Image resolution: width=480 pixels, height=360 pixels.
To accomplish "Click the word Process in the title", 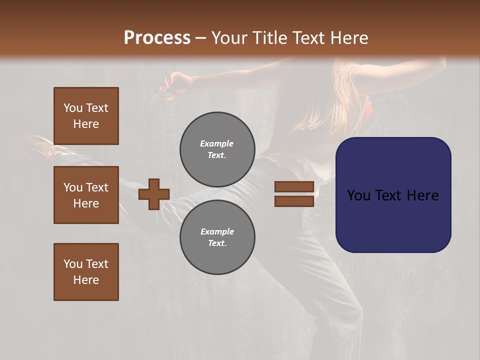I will [157, 38].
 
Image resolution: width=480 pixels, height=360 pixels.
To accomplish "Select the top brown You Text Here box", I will [86, 116].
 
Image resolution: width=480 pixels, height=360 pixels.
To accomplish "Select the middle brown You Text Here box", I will [86, 195].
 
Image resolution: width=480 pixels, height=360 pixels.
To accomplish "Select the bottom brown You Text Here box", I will [86, 272].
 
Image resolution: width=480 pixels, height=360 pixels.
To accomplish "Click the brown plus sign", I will [154, 194].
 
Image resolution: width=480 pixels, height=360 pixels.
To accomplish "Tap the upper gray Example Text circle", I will [217, 149].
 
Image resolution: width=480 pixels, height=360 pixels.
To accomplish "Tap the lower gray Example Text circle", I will [217, 237].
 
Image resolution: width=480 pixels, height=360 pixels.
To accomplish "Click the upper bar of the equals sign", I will [294, 186].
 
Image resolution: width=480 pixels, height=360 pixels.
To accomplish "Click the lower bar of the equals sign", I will [294, 201].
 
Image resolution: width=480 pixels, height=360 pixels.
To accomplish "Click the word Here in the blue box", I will [422, 195].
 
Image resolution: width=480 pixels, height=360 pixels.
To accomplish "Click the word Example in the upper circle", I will [217, 143].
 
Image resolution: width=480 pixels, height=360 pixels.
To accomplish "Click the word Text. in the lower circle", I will [217, 243].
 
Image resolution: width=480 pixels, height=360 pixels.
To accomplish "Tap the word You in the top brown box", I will [73, 108].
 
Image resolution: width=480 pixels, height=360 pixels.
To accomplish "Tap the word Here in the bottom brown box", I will [86, 280].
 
